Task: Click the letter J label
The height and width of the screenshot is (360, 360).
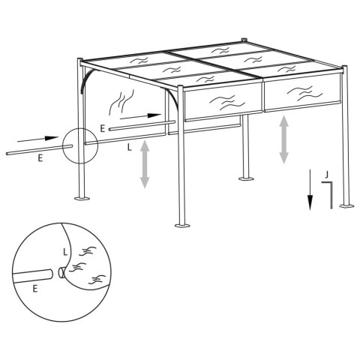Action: [x=326, y=174]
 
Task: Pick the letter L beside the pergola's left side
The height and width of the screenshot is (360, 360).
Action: [x=130, y=148]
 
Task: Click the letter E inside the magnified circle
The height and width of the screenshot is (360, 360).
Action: [x=36, y=287]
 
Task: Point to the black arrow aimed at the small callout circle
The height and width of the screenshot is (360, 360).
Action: [x=37, y=139]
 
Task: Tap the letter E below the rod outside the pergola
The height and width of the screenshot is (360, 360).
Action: [x=39, y=159]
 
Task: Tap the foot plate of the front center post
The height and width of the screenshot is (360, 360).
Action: [x=181, y=223]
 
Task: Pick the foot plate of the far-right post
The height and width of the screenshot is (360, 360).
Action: [x=346, y=205]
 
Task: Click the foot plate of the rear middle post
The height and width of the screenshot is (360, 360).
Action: [x=244, y=178]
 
